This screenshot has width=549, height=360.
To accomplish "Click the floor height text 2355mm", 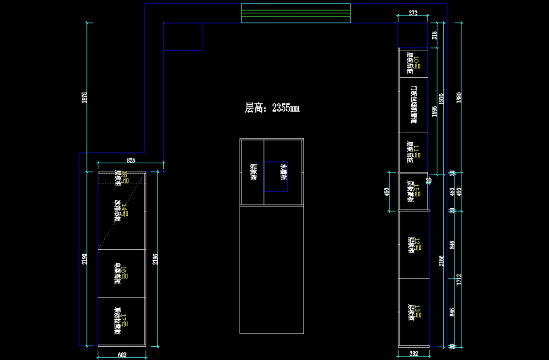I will coord(272,108).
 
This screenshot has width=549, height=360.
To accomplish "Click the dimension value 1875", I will coord(84,97).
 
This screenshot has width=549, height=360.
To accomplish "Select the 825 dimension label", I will coord(131,160).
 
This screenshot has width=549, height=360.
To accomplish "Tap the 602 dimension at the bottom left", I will coord(122,355).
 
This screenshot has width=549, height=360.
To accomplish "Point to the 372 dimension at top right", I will coord(413,14).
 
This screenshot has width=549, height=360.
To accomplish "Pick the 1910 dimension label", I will coord(441,99).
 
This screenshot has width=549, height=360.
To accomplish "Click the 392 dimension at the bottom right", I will coord(414,354).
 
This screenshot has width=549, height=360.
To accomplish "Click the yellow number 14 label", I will coord(124,210).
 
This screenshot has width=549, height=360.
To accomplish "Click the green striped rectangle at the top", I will coord(296,13).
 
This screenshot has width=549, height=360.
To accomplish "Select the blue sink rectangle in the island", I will coord(276,176).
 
